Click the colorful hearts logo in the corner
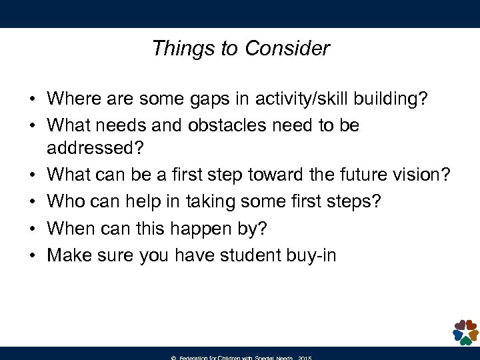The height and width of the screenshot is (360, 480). coord(465,332)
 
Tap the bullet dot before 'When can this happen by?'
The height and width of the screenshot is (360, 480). coord(31,229)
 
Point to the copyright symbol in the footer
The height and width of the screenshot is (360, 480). coord(173,357)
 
